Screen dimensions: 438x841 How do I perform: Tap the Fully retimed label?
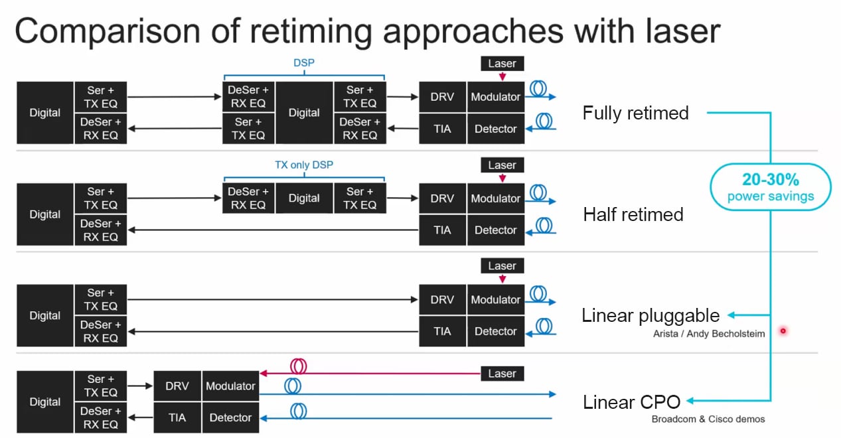(x=635, y=113)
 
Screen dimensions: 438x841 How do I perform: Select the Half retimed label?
(x=633, y=214)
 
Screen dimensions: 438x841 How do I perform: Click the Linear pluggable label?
(x=650, y=315)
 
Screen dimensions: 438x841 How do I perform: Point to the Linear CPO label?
(x=631, y=402)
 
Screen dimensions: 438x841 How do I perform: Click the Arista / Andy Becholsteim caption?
(x=708, y=334)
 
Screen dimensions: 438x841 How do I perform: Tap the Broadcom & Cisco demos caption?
(x=708, y=419)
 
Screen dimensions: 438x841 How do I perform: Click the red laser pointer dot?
(x=783, y=330)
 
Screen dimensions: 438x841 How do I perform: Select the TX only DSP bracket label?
(x=303, y=165)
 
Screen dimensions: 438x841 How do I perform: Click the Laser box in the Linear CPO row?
(x=502, y=373)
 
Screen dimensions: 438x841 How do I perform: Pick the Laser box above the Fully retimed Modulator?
(x=502, y=64)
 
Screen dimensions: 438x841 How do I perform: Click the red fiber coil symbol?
(x=298, y=366)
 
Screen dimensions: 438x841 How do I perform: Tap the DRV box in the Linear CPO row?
(x=177, y=386)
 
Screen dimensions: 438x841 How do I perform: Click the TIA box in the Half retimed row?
(x=442, y=230)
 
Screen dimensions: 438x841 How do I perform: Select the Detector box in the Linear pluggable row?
(x=495, y=331)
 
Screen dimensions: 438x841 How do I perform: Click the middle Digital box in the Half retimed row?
(x=304, y=198)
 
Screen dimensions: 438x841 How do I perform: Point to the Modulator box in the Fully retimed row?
(x=495, y=97)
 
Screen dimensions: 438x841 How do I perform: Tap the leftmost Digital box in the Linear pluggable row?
(x=45, y=315)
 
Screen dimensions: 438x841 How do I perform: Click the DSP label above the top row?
(x=303, y=63)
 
